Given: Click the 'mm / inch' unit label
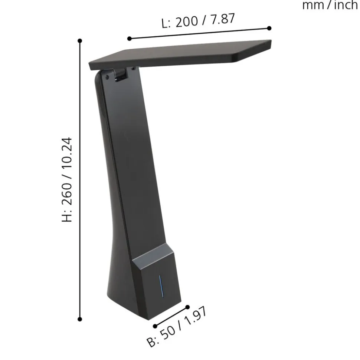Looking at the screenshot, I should [331, 5].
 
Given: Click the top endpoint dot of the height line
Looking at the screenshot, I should [80, 41].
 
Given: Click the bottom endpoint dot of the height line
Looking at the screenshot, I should [80, 319].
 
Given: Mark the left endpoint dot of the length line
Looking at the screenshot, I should [129, 39].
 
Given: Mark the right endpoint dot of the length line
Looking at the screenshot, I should [269, 28].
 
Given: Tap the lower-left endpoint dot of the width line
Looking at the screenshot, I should [155, 326].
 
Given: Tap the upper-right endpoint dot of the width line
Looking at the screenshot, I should [187, 307].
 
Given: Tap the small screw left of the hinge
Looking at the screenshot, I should [107, 77].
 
